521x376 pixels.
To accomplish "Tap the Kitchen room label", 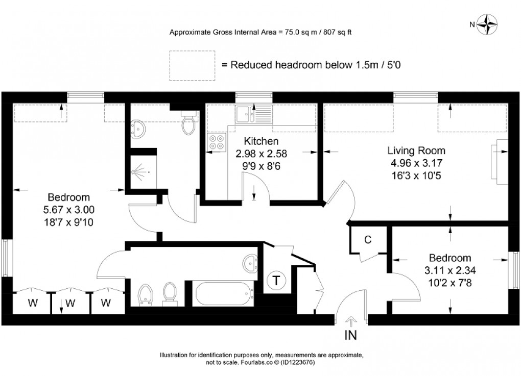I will tap(261, 141).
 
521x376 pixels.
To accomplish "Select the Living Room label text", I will tap(416, 151).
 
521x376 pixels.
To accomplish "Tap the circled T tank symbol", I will tap(276, 280).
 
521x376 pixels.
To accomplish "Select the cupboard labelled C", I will tap(367, 240).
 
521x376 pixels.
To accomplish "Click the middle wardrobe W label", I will tap(70, 303).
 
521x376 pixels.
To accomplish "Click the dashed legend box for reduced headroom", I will tap(193, 65).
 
